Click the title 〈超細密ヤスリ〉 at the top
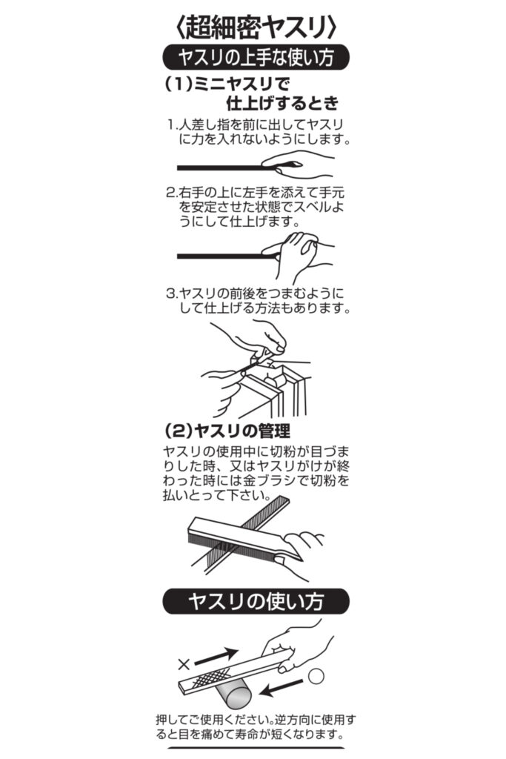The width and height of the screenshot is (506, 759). click(255, 26)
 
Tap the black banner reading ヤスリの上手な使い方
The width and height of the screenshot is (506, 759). click(256, 58)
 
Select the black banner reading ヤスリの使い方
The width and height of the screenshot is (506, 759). click(256, 602)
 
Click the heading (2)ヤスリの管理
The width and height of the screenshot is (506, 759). click(227, 431)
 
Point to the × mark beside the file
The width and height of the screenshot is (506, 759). click(183, 664)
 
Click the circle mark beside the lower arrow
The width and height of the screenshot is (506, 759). click(316, 676)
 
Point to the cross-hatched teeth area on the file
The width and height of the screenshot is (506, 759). click(210, 676)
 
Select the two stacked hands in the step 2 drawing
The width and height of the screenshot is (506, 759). click(299, 254)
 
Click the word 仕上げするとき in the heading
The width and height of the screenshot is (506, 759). click(282, 103)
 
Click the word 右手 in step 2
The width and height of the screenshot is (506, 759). click(192, 193)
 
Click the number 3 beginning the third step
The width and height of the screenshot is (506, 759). click(170, 294)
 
